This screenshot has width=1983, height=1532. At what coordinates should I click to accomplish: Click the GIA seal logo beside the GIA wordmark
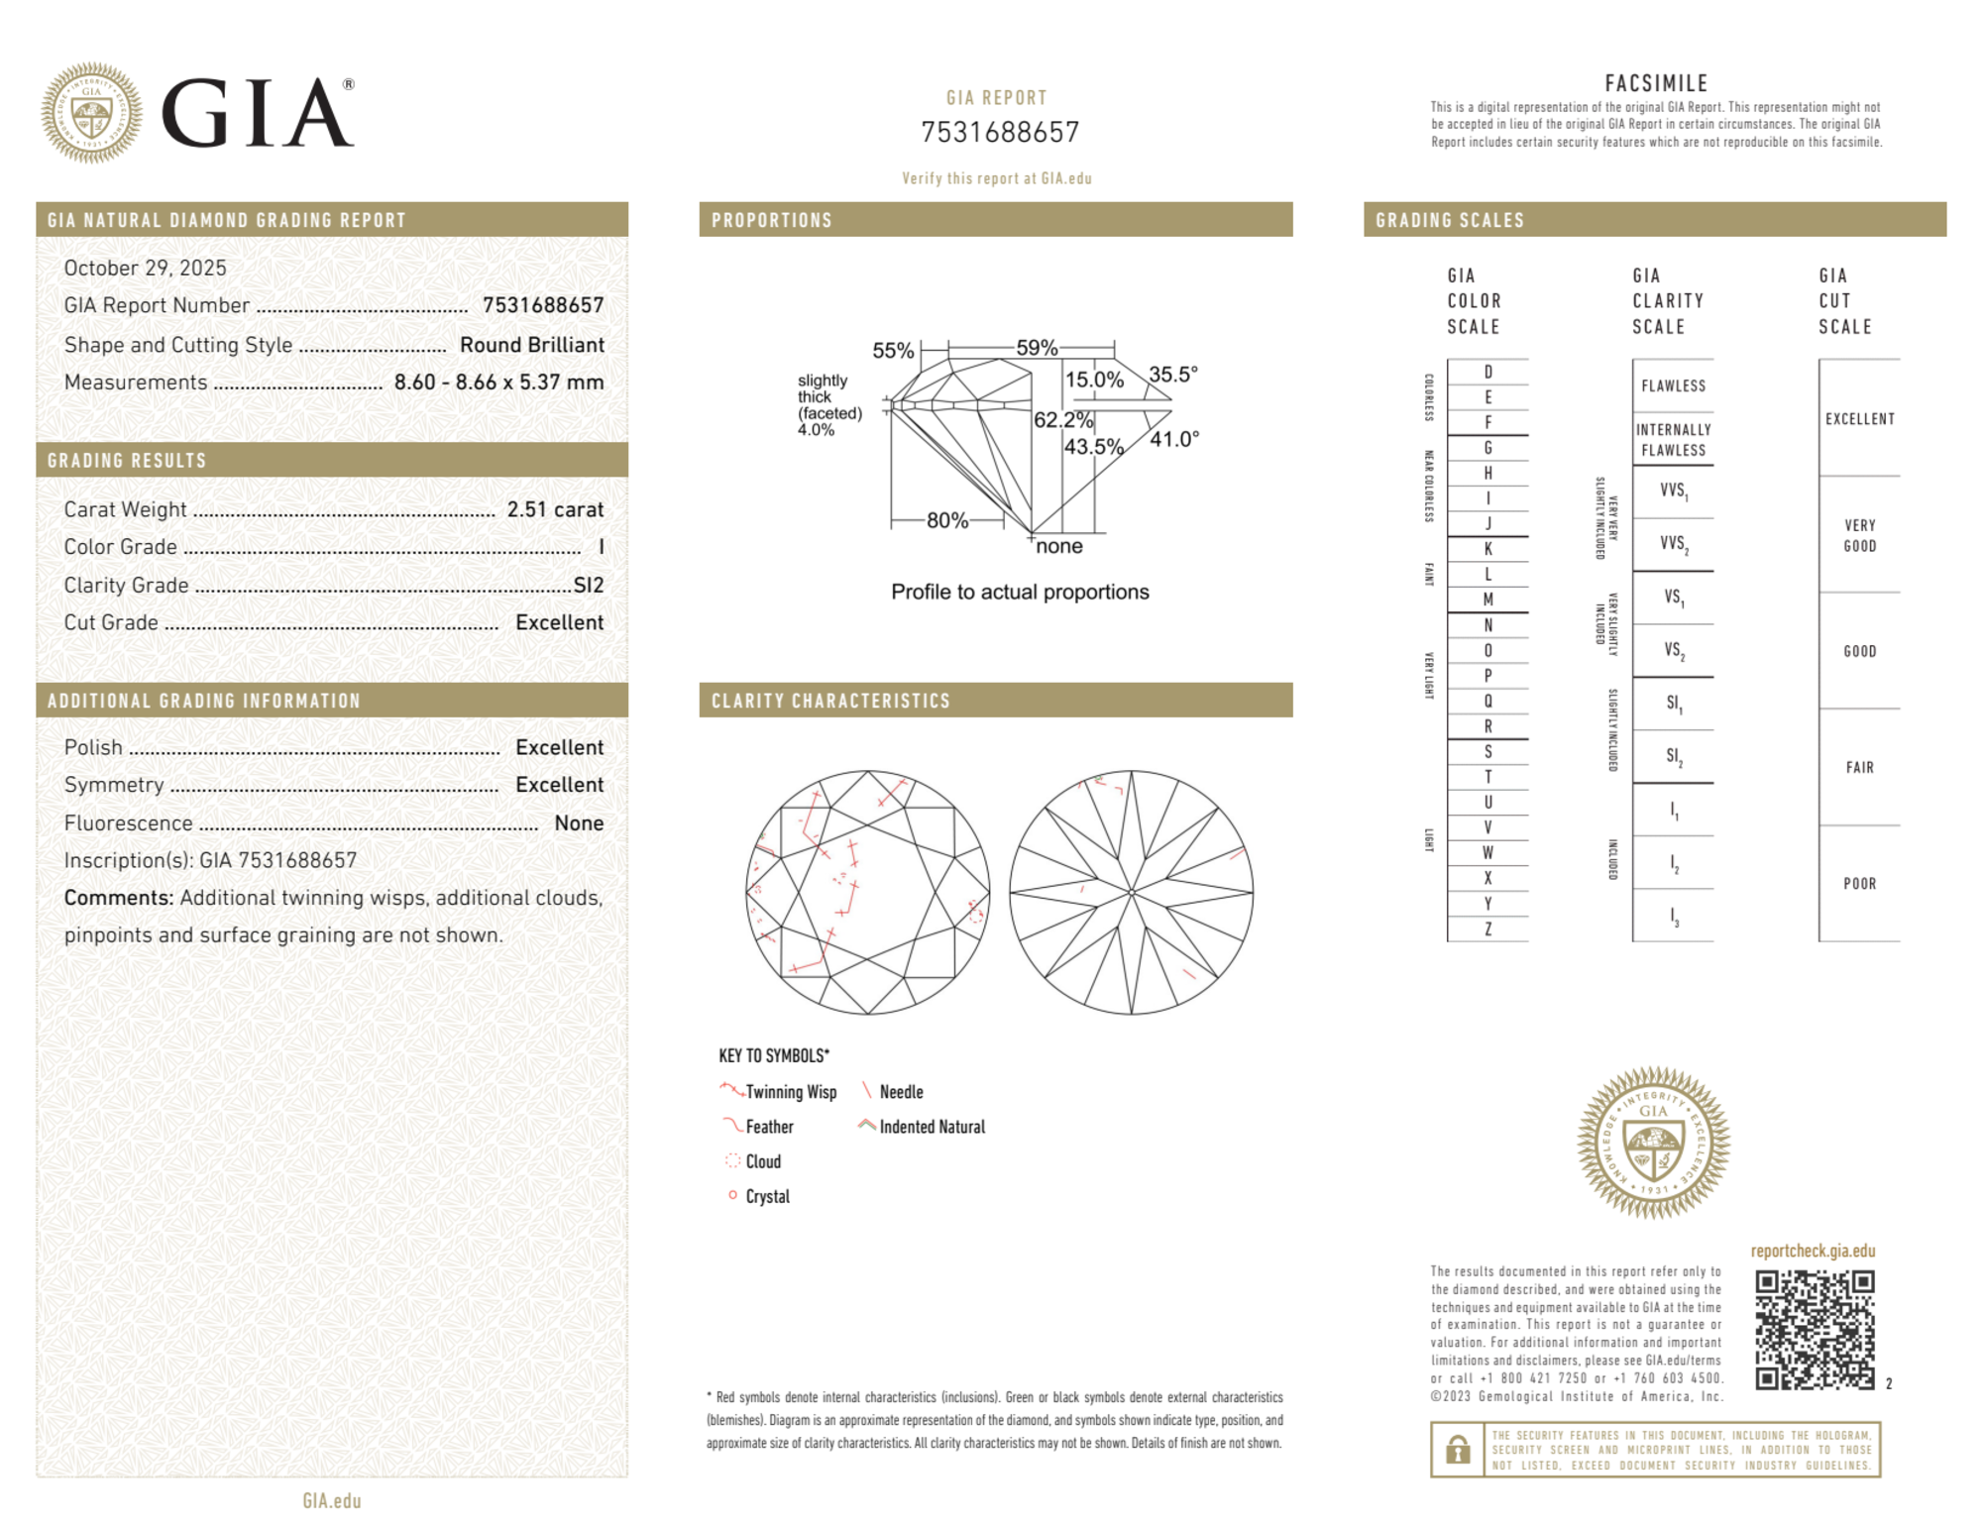pos(91,113)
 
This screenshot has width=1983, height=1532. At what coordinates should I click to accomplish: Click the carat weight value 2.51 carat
pos(555,509)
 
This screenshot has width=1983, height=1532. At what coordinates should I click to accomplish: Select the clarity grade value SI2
pos(589,585)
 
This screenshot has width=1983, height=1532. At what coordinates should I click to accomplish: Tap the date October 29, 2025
pos(146,268)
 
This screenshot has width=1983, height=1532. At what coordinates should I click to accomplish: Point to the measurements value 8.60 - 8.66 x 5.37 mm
pos(498,383)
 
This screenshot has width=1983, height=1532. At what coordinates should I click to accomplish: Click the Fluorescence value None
pos(579,822)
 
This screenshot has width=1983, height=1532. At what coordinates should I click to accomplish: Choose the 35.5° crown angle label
pos(1173,375)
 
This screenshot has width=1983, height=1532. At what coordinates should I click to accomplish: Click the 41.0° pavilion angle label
pos(1174,439)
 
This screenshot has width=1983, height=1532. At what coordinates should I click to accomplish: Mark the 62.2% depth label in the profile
pos(1062,420)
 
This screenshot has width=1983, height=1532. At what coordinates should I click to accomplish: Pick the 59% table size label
pos(1037,348)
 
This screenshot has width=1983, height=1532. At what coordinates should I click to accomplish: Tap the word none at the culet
pos(1059,546)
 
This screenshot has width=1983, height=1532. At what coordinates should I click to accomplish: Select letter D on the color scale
pos(1487,372)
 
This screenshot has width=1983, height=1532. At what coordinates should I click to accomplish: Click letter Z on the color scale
pos(1487,929)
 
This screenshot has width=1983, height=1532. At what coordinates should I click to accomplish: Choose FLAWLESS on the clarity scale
pos(1673,385)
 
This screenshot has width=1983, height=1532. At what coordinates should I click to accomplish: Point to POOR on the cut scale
pos(1859,883)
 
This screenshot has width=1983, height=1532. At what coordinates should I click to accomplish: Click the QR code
pos(1815,1330)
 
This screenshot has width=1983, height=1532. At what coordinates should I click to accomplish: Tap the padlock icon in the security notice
pos(1457,1450)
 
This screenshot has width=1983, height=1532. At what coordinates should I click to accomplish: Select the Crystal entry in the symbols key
pos(767,1196)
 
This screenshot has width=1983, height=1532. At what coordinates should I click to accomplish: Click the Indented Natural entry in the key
pos(932,1127)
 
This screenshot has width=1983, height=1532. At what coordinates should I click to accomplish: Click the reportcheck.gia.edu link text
pos(1813,1251)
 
